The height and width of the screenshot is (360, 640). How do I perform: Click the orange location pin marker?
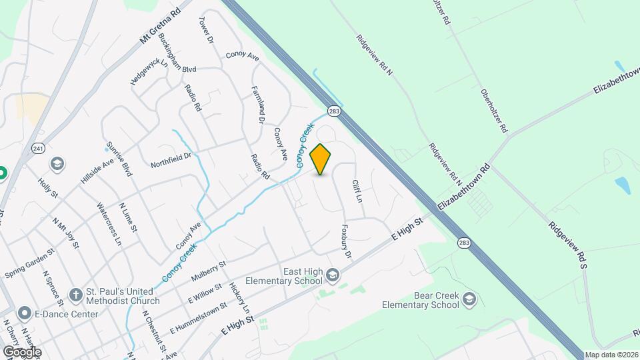pos(321,159)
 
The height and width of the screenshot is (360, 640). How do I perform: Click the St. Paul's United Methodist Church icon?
pos(76,294)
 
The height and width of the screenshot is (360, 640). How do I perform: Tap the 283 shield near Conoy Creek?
pos(334,111)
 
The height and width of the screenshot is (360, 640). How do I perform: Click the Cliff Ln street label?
pos(357,191)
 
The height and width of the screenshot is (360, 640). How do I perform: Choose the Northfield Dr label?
pos(171,159)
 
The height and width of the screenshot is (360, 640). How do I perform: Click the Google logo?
pos(21,351)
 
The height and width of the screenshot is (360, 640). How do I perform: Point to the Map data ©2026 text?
pos(611,355)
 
